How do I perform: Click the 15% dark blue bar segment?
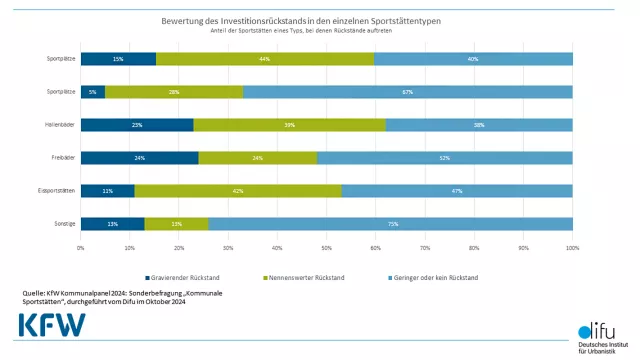(x=118, y=59)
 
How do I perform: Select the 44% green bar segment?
(x=265, y=59)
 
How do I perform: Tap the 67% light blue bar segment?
(x=408, y=92)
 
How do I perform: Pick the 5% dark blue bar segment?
(x=93, y=92)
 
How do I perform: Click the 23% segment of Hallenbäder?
(x=137, y=125)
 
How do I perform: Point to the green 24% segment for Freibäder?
(x=258, y=158)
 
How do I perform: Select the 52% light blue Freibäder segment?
(x=445, y=158)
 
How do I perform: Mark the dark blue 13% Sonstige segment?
(x=112, y=224)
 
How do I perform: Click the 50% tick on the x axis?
(x=326, y=246)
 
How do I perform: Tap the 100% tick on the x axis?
(x=572, y=246)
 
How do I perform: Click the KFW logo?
(x=52, y=325)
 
